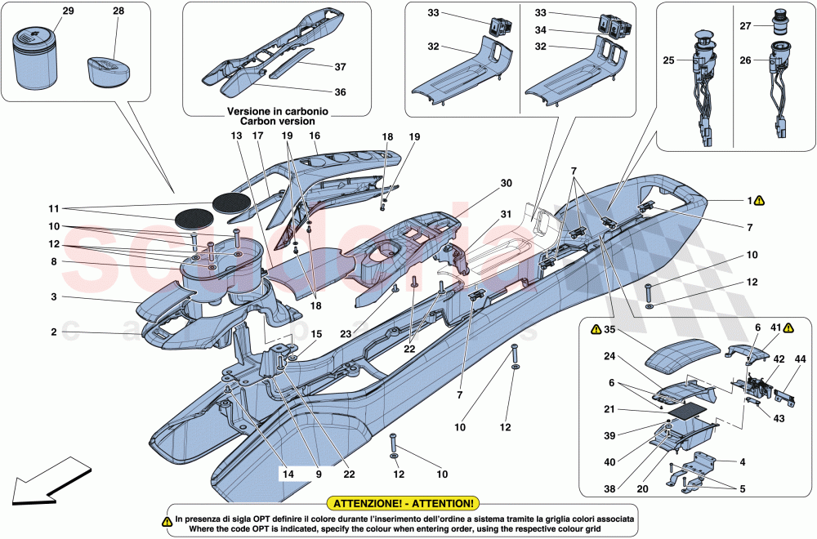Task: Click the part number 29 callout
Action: click(x=68, y=11)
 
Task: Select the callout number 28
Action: click(x=120, y=11)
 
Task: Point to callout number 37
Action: click(x=317, y=66)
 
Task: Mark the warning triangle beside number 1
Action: click(x=759, y=199)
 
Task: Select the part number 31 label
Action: click(x=506, y=215)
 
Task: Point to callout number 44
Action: click(x=800, y=360)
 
